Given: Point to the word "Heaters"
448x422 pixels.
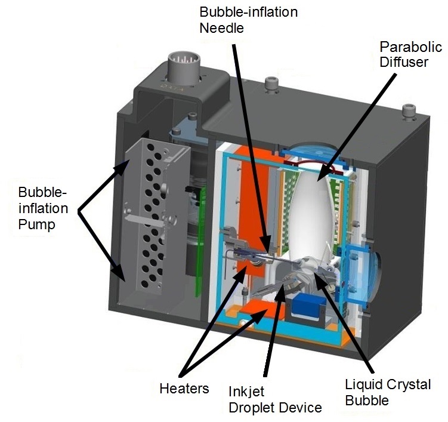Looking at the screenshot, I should pyautogui.click(x=184, y=389).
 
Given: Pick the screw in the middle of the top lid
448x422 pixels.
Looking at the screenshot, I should pyautogui.click(x=271, y=81).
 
